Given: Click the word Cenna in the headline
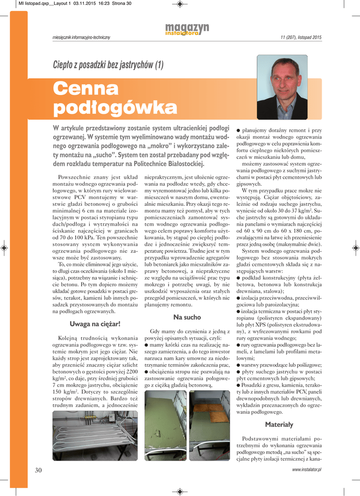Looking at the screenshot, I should point(85,89).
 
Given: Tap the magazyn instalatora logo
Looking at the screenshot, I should point(187,30).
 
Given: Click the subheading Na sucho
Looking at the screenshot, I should point(187,317).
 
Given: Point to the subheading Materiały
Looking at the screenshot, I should point(279,424).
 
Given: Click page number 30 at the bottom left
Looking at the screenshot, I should point(39,470).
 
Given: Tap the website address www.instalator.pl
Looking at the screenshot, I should point(307,470).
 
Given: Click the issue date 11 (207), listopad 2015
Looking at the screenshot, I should point(301,38).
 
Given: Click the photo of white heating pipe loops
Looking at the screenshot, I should point(94,435).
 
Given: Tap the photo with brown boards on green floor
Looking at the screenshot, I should point(209,425).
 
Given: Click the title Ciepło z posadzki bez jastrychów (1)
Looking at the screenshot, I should point(108,65).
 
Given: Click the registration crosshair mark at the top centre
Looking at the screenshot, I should point(180,4).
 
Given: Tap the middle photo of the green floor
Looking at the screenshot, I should point(165,425).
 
